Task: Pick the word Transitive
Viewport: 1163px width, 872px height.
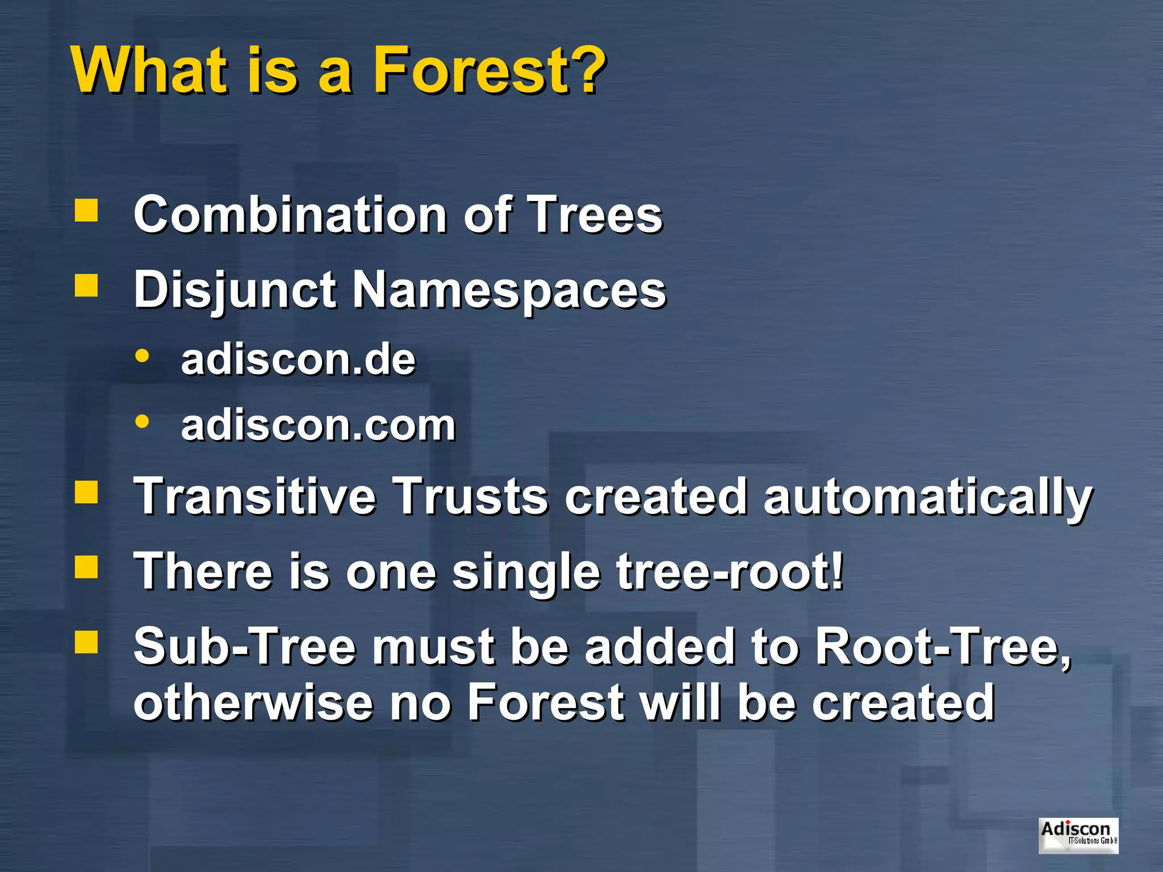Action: point(255,496)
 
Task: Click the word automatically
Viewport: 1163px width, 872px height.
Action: point(928,497)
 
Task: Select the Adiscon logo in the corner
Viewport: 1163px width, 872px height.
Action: point(1078,835)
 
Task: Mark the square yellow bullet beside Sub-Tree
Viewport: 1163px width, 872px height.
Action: point(86,642)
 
